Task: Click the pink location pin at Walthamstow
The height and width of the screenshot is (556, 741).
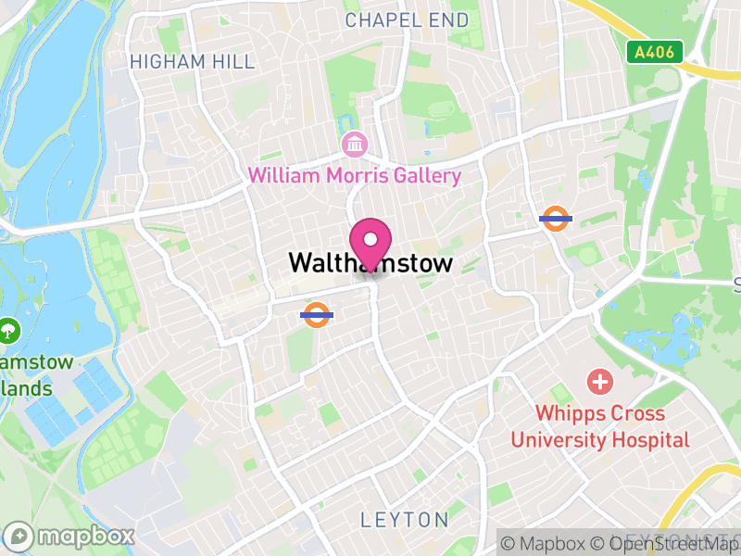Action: (x=371, y=243)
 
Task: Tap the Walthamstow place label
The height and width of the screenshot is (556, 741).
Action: (x=370, y=263)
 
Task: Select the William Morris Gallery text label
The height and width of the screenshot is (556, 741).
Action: (x=354, y=175)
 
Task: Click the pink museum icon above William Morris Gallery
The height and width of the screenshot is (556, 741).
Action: (x=354, y=145)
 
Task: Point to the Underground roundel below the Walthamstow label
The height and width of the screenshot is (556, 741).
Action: (x=317, y=315)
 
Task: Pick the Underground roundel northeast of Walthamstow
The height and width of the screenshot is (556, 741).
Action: (x=555, y=219)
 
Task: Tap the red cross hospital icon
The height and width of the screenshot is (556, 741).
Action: (x=600, y=381)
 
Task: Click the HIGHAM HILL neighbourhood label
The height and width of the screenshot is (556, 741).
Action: (x=192, y=62)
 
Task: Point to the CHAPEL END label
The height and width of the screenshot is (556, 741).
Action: (x=408, y=19)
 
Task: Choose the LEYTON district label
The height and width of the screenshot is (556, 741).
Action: (x=405, y=520)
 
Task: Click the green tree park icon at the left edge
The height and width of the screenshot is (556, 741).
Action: (x=9, y=328)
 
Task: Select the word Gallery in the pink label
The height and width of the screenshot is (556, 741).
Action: (x=425, y=175)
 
